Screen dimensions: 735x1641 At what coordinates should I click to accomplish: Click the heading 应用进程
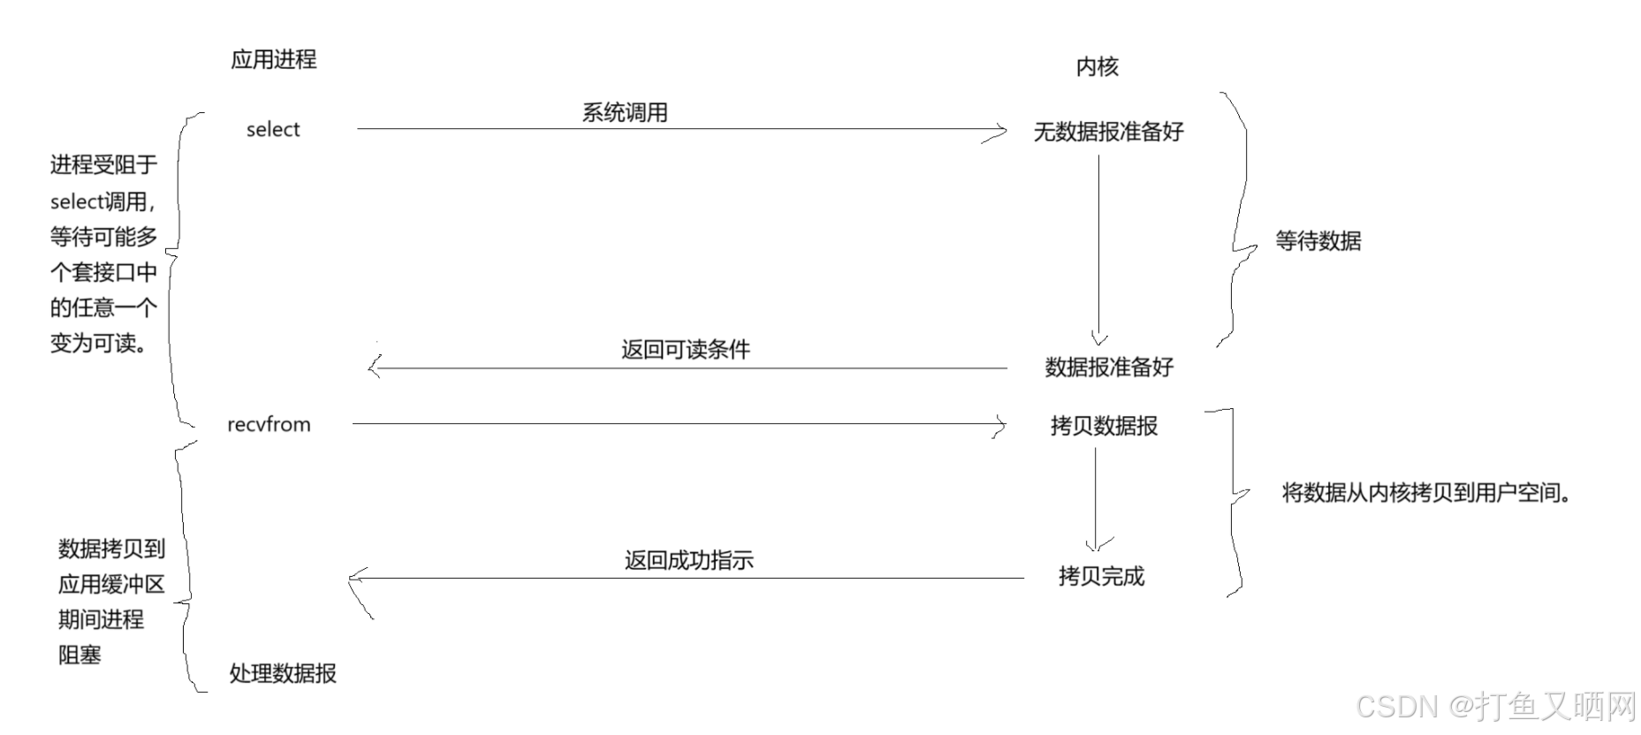[x=273, y=59]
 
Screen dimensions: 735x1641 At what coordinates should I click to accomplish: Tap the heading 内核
[x=1097, y=66]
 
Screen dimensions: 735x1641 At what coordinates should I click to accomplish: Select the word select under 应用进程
[x=273, y=130]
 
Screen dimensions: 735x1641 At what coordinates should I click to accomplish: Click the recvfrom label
[x=269, y=424]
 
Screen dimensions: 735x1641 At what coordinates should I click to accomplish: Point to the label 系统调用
[x=624, y=113]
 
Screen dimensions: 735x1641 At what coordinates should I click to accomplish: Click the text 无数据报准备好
[x=1108, y=132]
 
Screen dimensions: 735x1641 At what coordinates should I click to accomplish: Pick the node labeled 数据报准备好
[x=1108, y=367]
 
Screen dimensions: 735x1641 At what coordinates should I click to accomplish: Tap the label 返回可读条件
[x=685, y=350]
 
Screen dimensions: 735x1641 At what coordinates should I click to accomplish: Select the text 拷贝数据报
[x=1104, y=426]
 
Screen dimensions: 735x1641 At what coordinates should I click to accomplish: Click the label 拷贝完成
[x=1101, y=576]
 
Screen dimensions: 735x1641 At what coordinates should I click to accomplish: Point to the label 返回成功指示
[x=688, y=560]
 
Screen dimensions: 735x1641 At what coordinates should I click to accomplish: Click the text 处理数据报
[x=283, y=673]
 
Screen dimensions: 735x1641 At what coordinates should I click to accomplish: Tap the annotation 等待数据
[x=1318, y=240]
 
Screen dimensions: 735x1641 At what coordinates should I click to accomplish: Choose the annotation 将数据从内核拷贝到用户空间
[x=1426, y=493]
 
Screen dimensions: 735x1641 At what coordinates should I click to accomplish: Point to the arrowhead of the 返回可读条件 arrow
[x=375, y=367]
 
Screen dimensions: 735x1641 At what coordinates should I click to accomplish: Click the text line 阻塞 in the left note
[x=80, y=655]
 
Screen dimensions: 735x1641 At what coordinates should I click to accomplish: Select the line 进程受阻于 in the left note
[x=103, y=164]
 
